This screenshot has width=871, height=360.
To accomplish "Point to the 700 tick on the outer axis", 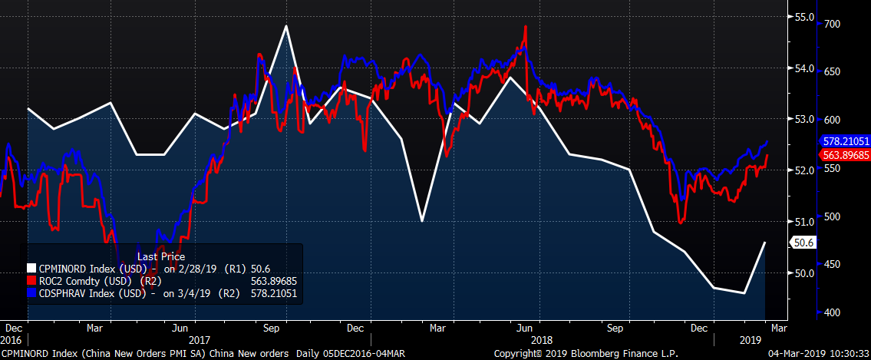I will coord(830,25).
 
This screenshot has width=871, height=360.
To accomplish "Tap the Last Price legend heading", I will coord(161,256).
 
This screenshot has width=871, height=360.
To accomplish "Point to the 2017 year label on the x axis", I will coord(199,339).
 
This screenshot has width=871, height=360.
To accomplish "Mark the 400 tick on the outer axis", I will coord(830,312).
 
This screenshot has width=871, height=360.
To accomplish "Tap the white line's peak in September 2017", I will coord(286,26).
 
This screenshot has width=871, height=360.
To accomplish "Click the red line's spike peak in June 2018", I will coord(526,26).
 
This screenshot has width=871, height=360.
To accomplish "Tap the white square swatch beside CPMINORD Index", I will coord(31,269).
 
